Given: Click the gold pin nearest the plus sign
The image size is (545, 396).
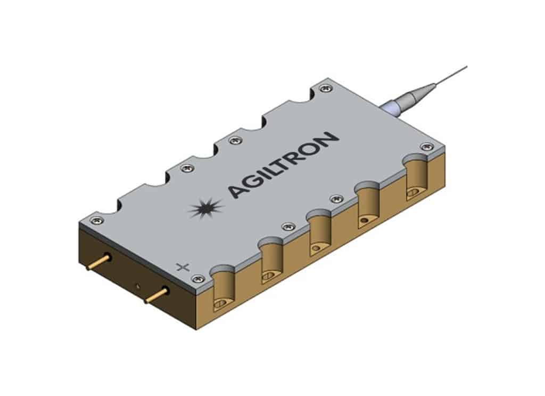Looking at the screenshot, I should click(x=158, y=294).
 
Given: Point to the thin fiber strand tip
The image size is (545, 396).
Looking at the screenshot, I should click(x=465, y=67).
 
